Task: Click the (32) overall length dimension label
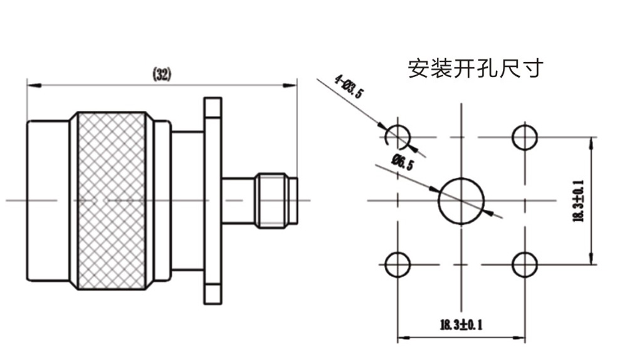162,75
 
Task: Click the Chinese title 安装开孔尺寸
474,68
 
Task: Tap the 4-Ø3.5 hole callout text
349,86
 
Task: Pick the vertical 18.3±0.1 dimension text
578,200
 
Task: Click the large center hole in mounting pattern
461,200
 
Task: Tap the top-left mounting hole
398,137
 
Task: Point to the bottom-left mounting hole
398,264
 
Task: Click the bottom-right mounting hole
525,264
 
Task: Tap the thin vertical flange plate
213,200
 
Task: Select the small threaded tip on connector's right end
276,200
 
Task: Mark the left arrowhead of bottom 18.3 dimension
402,337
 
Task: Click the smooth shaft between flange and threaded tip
238,200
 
